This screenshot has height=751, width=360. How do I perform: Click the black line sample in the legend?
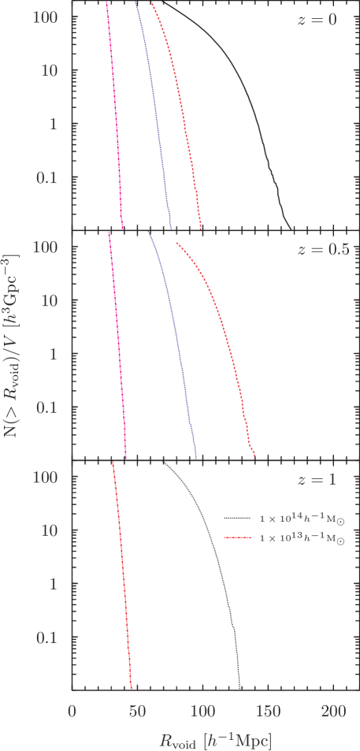tap(237, 519)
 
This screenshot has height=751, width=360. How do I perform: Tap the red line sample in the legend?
tap(237, 538)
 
